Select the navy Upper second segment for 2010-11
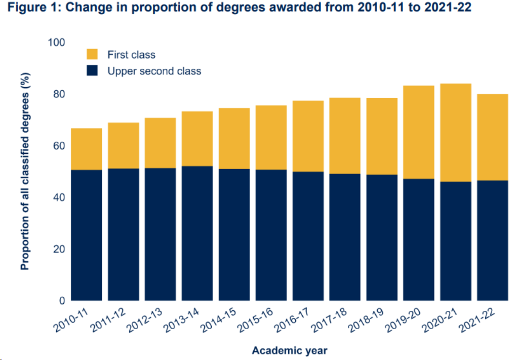[x=87, y=235]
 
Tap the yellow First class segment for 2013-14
[x=197, y=138]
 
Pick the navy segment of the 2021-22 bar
[x=492, y=240]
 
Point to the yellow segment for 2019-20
[x=419, y=132]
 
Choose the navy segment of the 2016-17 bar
[x=308, y=236]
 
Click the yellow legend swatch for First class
[x=93, y=54]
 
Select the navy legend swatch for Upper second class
[x=93, y=71]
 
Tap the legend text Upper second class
[x=154, y=71]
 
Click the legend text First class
[x=131, y=55]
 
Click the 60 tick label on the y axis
[x=59, y=146]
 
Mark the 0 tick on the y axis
[x=62, y=301]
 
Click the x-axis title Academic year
[x=290, y=350]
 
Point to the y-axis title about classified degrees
[x=25, y=171]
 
